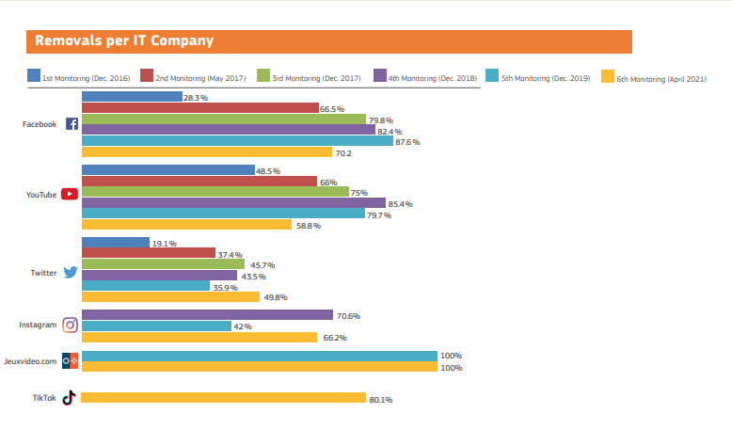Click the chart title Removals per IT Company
[123, 41]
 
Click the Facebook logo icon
[72, 124]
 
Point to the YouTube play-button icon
[70, 195]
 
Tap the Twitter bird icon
[70, 273]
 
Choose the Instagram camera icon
[70, 325]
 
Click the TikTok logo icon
[69, 398]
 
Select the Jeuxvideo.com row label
[30, 361]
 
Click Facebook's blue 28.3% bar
[132, 97]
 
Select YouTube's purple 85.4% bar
[233, 203]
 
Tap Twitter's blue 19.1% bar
[116, 243]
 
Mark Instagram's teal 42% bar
[156, 326]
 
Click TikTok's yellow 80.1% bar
[223, 398]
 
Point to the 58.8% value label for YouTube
[309, 226]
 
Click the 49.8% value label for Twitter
[276, 297]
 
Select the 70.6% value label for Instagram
[349, 315]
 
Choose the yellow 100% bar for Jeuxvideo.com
[259, 367]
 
